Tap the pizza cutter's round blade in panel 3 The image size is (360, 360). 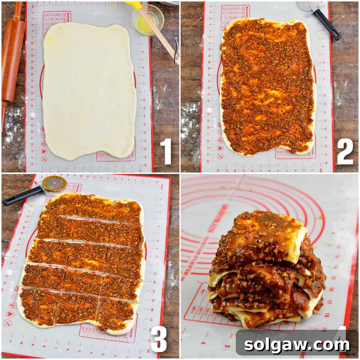point(54,183)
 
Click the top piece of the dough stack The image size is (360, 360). point(264,234)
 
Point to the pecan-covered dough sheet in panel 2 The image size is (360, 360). point(267,87)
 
